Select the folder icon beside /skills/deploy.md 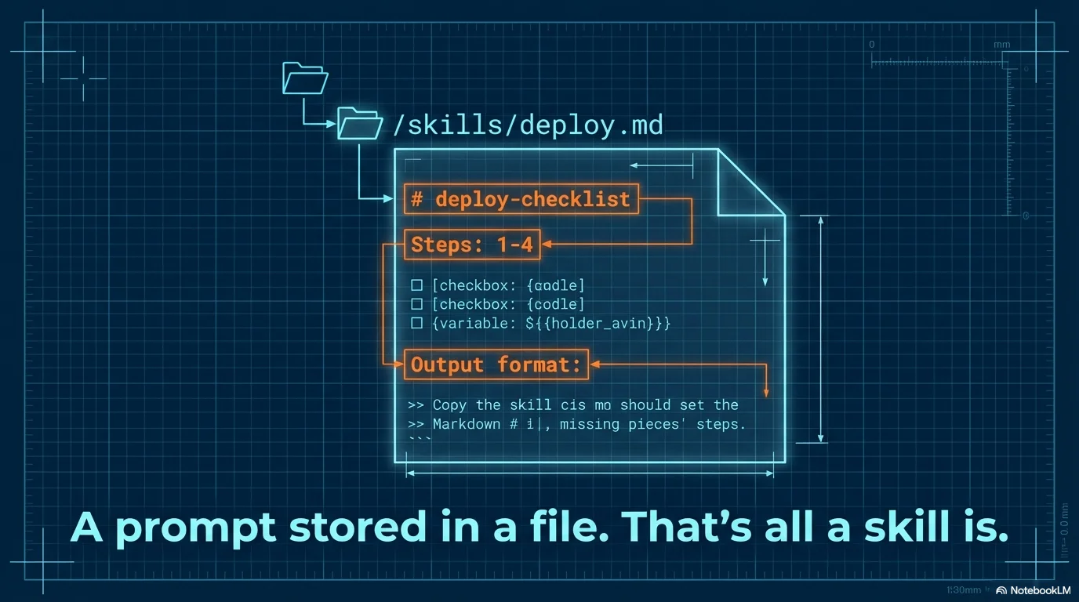pos(359,124)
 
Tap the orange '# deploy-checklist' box pos(521,199)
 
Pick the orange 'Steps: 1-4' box pos(472,245)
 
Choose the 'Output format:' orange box pos(496,364)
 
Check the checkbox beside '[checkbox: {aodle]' pos(417,285)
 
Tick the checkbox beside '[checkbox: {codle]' pos(417,304)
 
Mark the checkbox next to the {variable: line pos(417,323)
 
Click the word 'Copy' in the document pos(450,405)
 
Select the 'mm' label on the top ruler pos(1001,45)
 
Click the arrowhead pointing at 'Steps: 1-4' pos(547,245)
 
